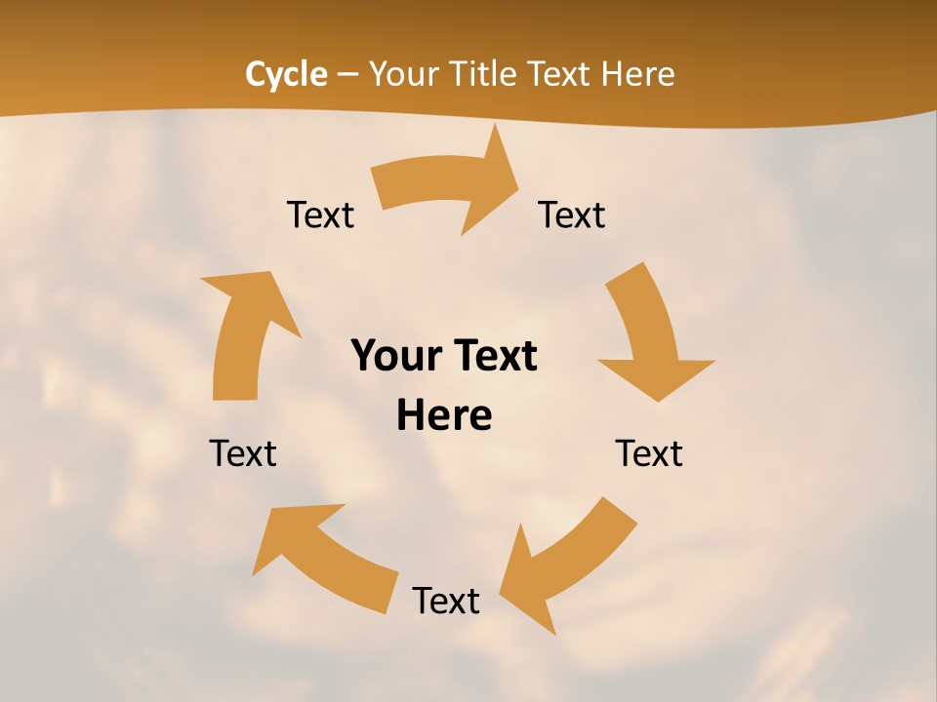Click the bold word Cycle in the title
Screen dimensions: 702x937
point(286,74)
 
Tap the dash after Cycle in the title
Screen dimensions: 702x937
point(347,74)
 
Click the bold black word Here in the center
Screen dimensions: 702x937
point(444,416)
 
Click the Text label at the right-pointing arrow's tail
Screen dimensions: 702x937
point(320,214)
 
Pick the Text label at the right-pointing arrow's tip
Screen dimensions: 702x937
point(572,214)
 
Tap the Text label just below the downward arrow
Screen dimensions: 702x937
point(649,453)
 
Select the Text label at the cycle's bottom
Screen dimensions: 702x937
point(446,601)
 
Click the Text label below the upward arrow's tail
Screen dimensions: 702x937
point(243,453)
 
